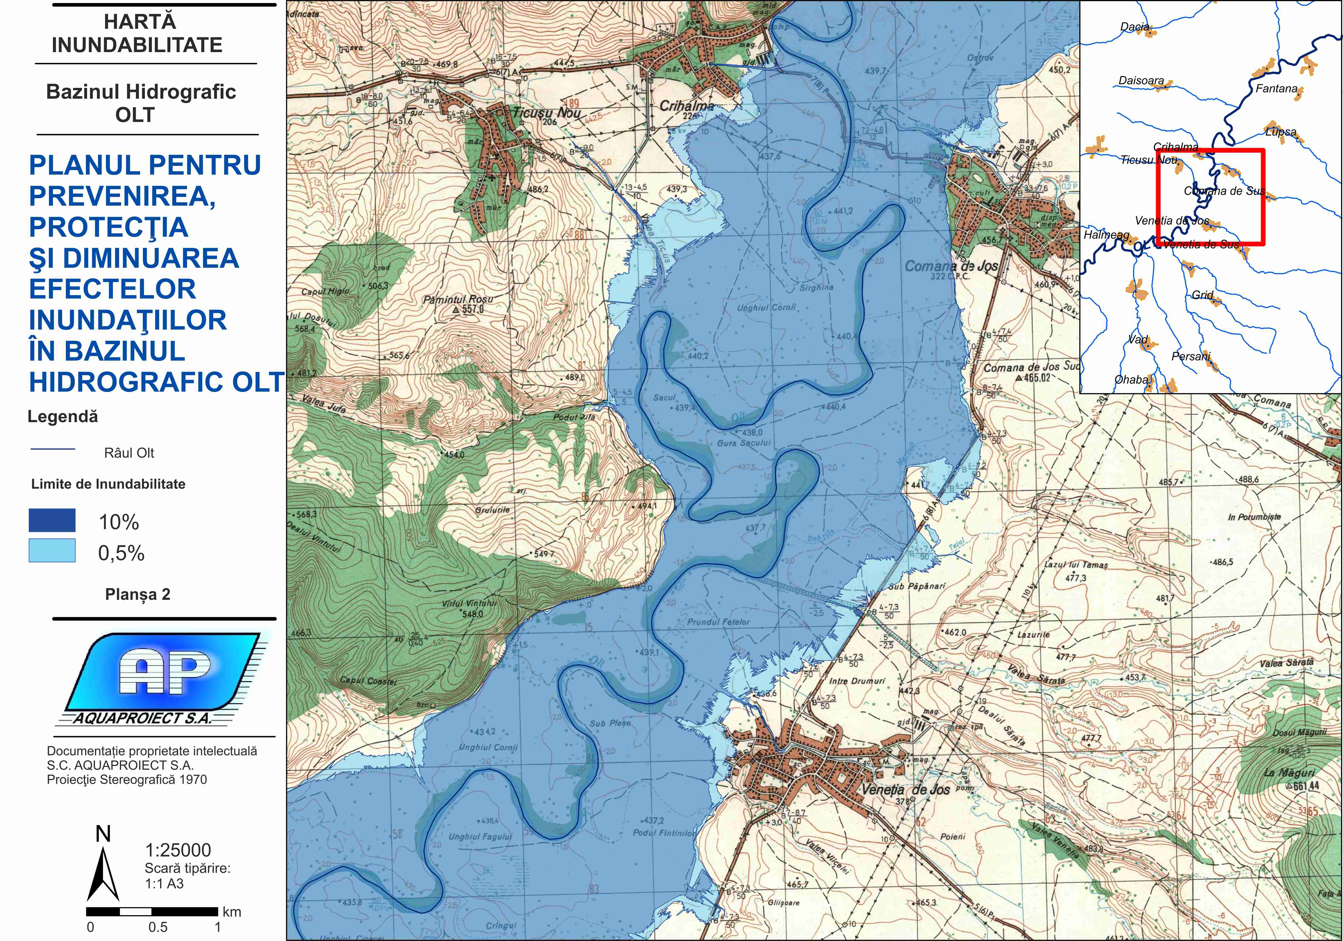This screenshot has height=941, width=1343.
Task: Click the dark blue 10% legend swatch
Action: pyautogui.click(x=52, y=520)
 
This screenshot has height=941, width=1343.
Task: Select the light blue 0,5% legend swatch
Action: pyautogui.click(x=52, y=551)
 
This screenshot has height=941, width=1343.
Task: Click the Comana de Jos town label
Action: pyautogui.click(x=951, y=266)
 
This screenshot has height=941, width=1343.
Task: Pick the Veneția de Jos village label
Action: pyautogui.click(x=905, y=789)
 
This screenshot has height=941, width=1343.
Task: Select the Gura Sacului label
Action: pyautogui.click(x=744, y=443)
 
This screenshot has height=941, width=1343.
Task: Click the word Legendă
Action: pyautogui.click(x=63, y=417)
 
